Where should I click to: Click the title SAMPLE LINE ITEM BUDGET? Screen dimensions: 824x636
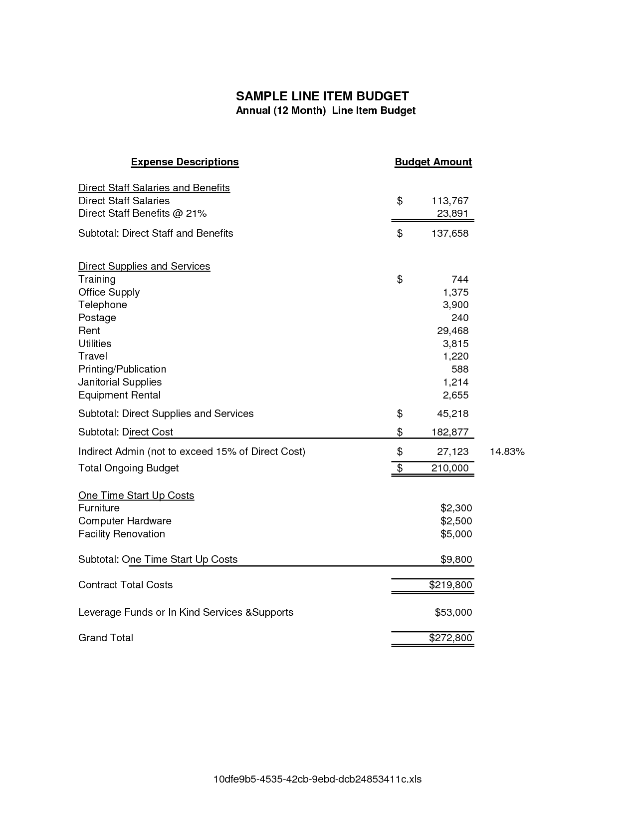point(322,96)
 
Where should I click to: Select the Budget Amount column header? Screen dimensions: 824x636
point(433,162)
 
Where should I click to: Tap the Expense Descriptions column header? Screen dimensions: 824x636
point(185,162)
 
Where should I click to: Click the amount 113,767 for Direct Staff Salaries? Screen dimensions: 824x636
point(450,201)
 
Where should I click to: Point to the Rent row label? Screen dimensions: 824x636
point(89,331)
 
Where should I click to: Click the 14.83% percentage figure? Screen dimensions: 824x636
point(507,451)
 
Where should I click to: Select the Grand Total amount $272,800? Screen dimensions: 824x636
point(450,638)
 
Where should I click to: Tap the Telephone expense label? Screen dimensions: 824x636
point(103,305)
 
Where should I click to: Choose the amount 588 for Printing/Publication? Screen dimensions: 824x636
point(460,369)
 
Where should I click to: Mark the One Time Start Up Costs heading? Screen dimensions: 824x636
point(136,495)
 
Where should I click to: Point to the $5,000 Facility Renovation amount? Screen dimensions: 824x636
point(456,534)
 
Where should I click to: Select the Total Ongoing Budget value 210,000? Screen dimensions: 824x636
point(450,468)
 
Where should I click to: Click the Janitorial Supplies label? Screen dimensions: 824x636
point(120,382)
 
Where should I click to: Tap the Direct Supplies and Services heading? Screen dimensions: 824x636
point(144,266)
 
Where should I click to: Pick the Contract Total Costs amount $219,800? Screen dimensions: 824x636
point(450,585)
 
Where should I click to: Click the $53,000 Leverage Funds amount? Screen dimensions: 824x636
point(453,612)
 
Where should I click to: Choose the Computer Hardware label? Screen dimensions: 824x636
point(125,521)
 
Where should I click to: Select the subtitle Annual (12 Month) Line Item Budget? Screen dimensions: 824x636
point(325,110)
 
